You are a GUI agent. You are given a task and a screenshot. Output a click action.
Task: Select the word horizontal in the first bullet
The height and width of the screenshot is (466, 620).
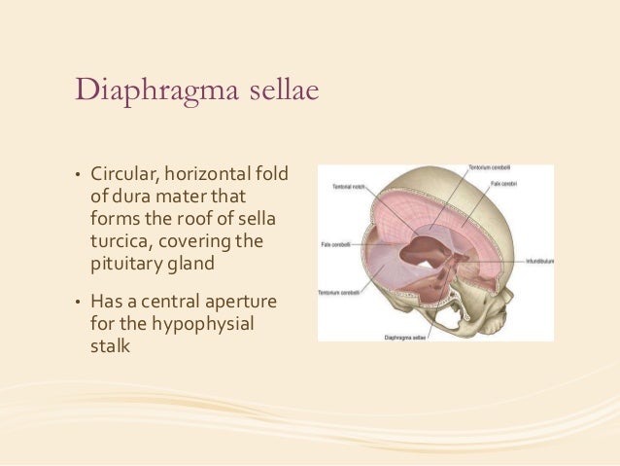tap(214, 174)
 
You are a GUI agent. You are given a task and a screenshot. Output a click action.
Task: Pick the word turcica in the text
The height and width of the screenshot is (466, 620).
tap(119, 239)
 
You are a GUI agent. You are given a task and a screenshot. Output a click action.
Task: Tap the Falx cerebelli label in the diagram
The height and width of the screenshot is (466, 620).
tap(335, 245)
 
